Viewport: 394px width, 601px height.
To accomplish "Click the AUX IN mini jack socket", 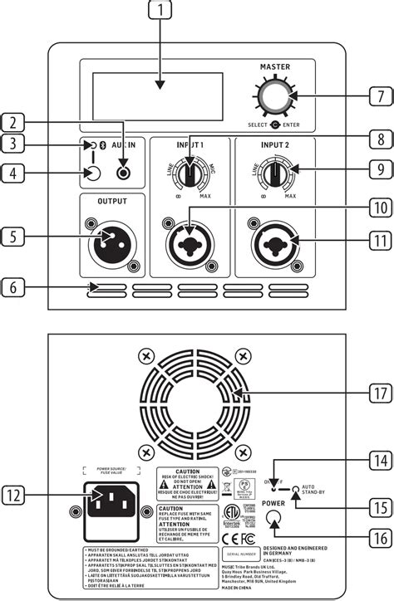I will pyautogui.click(x=123, y=173).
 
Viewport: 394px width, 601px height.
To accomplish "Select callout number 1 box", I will pyautogui.click(x=160, y=12).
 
